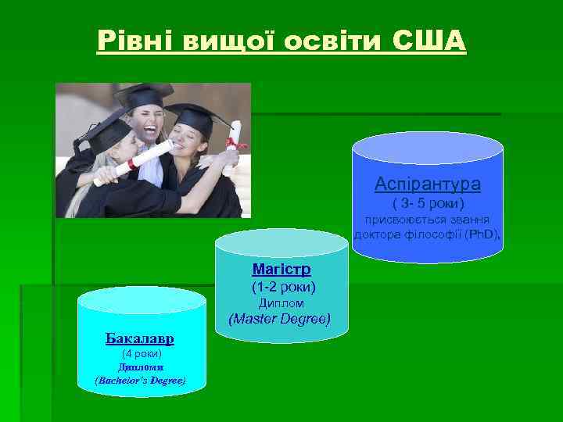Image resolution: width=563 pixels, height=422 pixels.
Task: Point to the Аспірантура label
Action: (x=427, y=184)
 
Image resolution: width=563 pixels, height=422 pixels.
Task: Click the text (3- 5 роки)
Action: (x=428, y=204)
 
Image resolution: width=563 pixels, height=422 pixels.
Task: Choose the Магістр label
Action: (x=281, y=270)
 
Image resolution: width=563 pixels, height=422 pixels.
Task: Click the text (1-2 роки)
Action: (x=281, y=287)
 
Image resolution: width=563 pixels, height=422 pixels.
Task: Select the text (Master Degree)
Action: (x=279, y=319)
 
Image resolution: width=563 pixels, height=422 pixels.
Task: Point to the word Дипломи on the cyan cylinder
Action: (x=140, y=367)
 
